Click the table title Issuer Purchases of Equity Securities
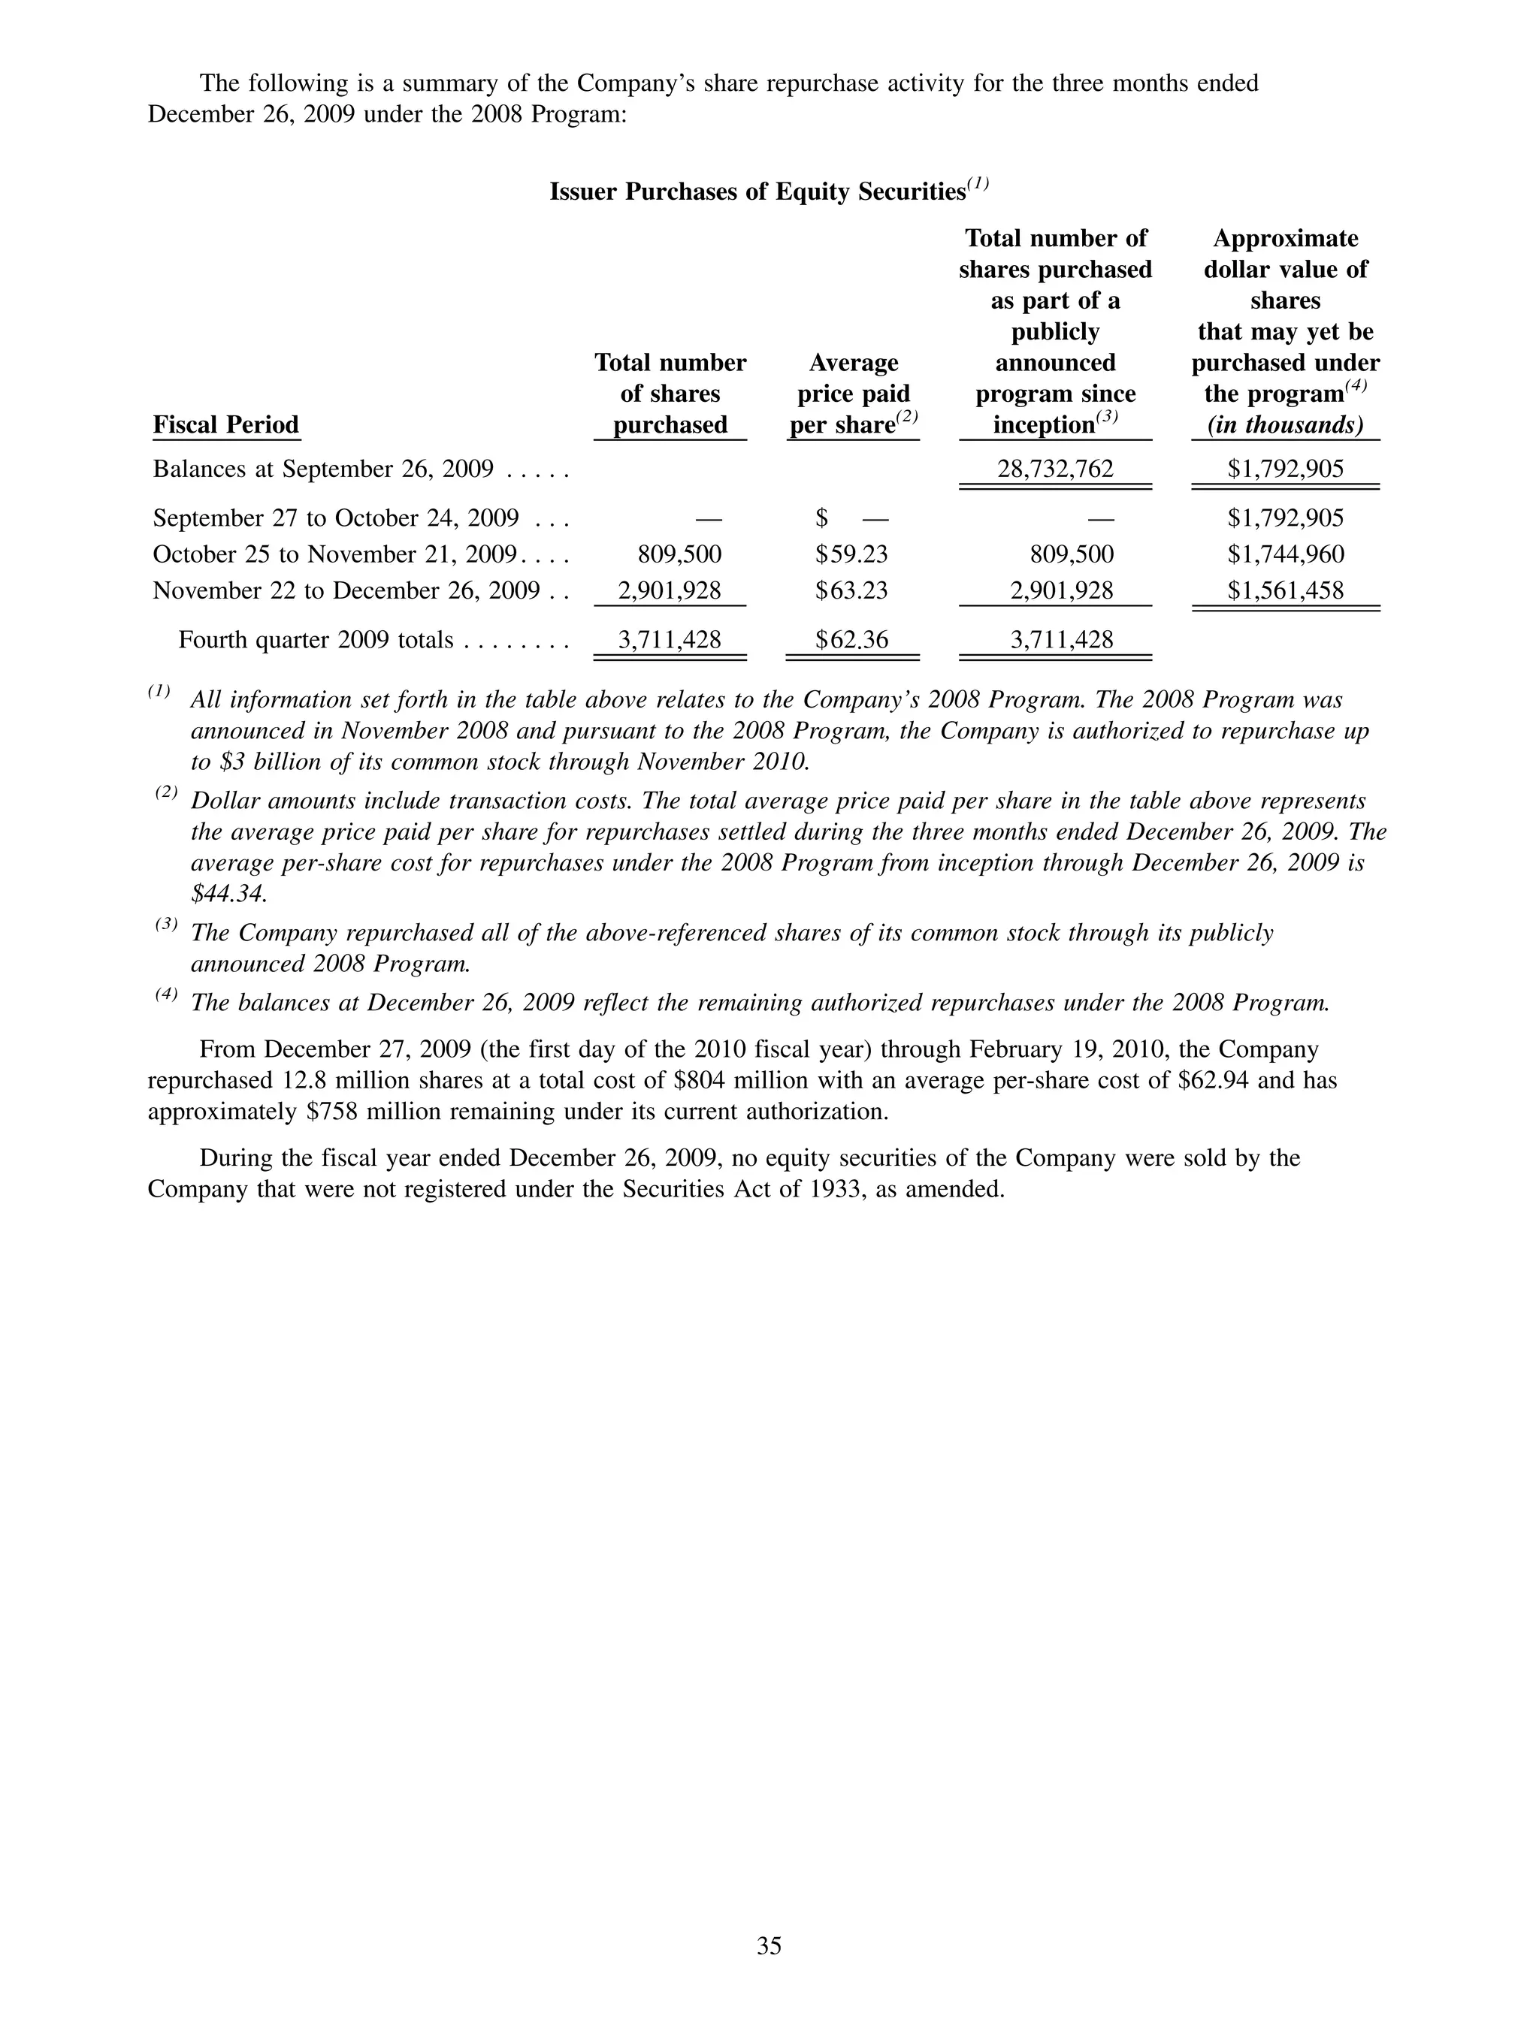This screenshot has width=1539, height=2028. coord(757,192)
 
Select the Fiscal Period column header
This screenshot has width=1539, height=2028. coord(225,424)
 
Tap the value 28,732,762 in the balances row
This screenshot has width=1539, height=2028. coord(1055,469)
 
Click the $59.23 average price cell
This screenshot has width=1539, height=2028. coord(851,554)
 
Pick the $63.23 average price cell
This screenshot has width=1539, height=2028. coord(851,590)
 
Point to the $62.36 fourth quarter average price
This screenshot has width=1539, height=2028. coord(851,639)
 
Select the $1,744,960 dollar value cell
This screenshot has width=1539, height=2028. coord(1285,554)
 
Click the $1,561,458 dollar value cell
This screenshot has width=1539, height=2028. coord(1285,590)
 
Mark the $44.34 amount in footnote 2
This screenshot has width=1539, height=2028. coord(228,894)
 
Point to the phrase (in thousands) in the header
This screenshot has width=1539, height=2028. coord(1285,424)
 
